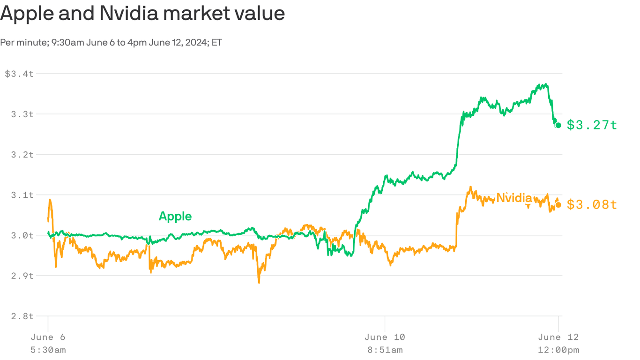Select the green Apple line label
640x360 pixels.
point(175,216)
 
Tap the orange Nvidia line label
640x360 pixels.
point(514,198)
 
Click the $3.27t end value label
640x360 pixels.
point(592,125)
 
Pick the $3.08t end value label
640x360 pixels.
point(592,205)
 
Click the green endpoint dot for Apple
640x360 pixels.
point(558,125)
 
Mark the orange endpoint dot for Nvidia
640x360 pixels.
point(558,205)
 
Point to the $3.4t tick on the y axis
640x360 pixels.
point(19,74)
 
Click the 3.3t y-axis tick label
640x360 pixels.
point(22,114)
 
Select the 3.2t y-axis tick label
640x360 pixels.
point(22,154)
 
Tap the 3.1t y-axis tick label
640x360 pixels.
point(22,195)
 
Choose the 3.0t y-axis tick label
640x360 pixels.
point(22,235)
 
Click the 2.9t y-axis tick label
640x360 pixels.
point(22,275)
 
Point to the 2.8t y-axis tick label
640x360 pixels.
point(22,316)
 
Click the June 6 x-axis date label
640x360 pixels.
point(48,337)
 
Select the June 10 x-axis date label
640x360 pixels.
point(385,337)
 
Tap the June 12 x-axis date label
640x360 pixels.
point(558,337)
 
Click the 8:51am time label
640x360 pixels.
point(385,350)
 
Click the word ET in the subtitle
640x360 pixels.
point(216,43)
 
